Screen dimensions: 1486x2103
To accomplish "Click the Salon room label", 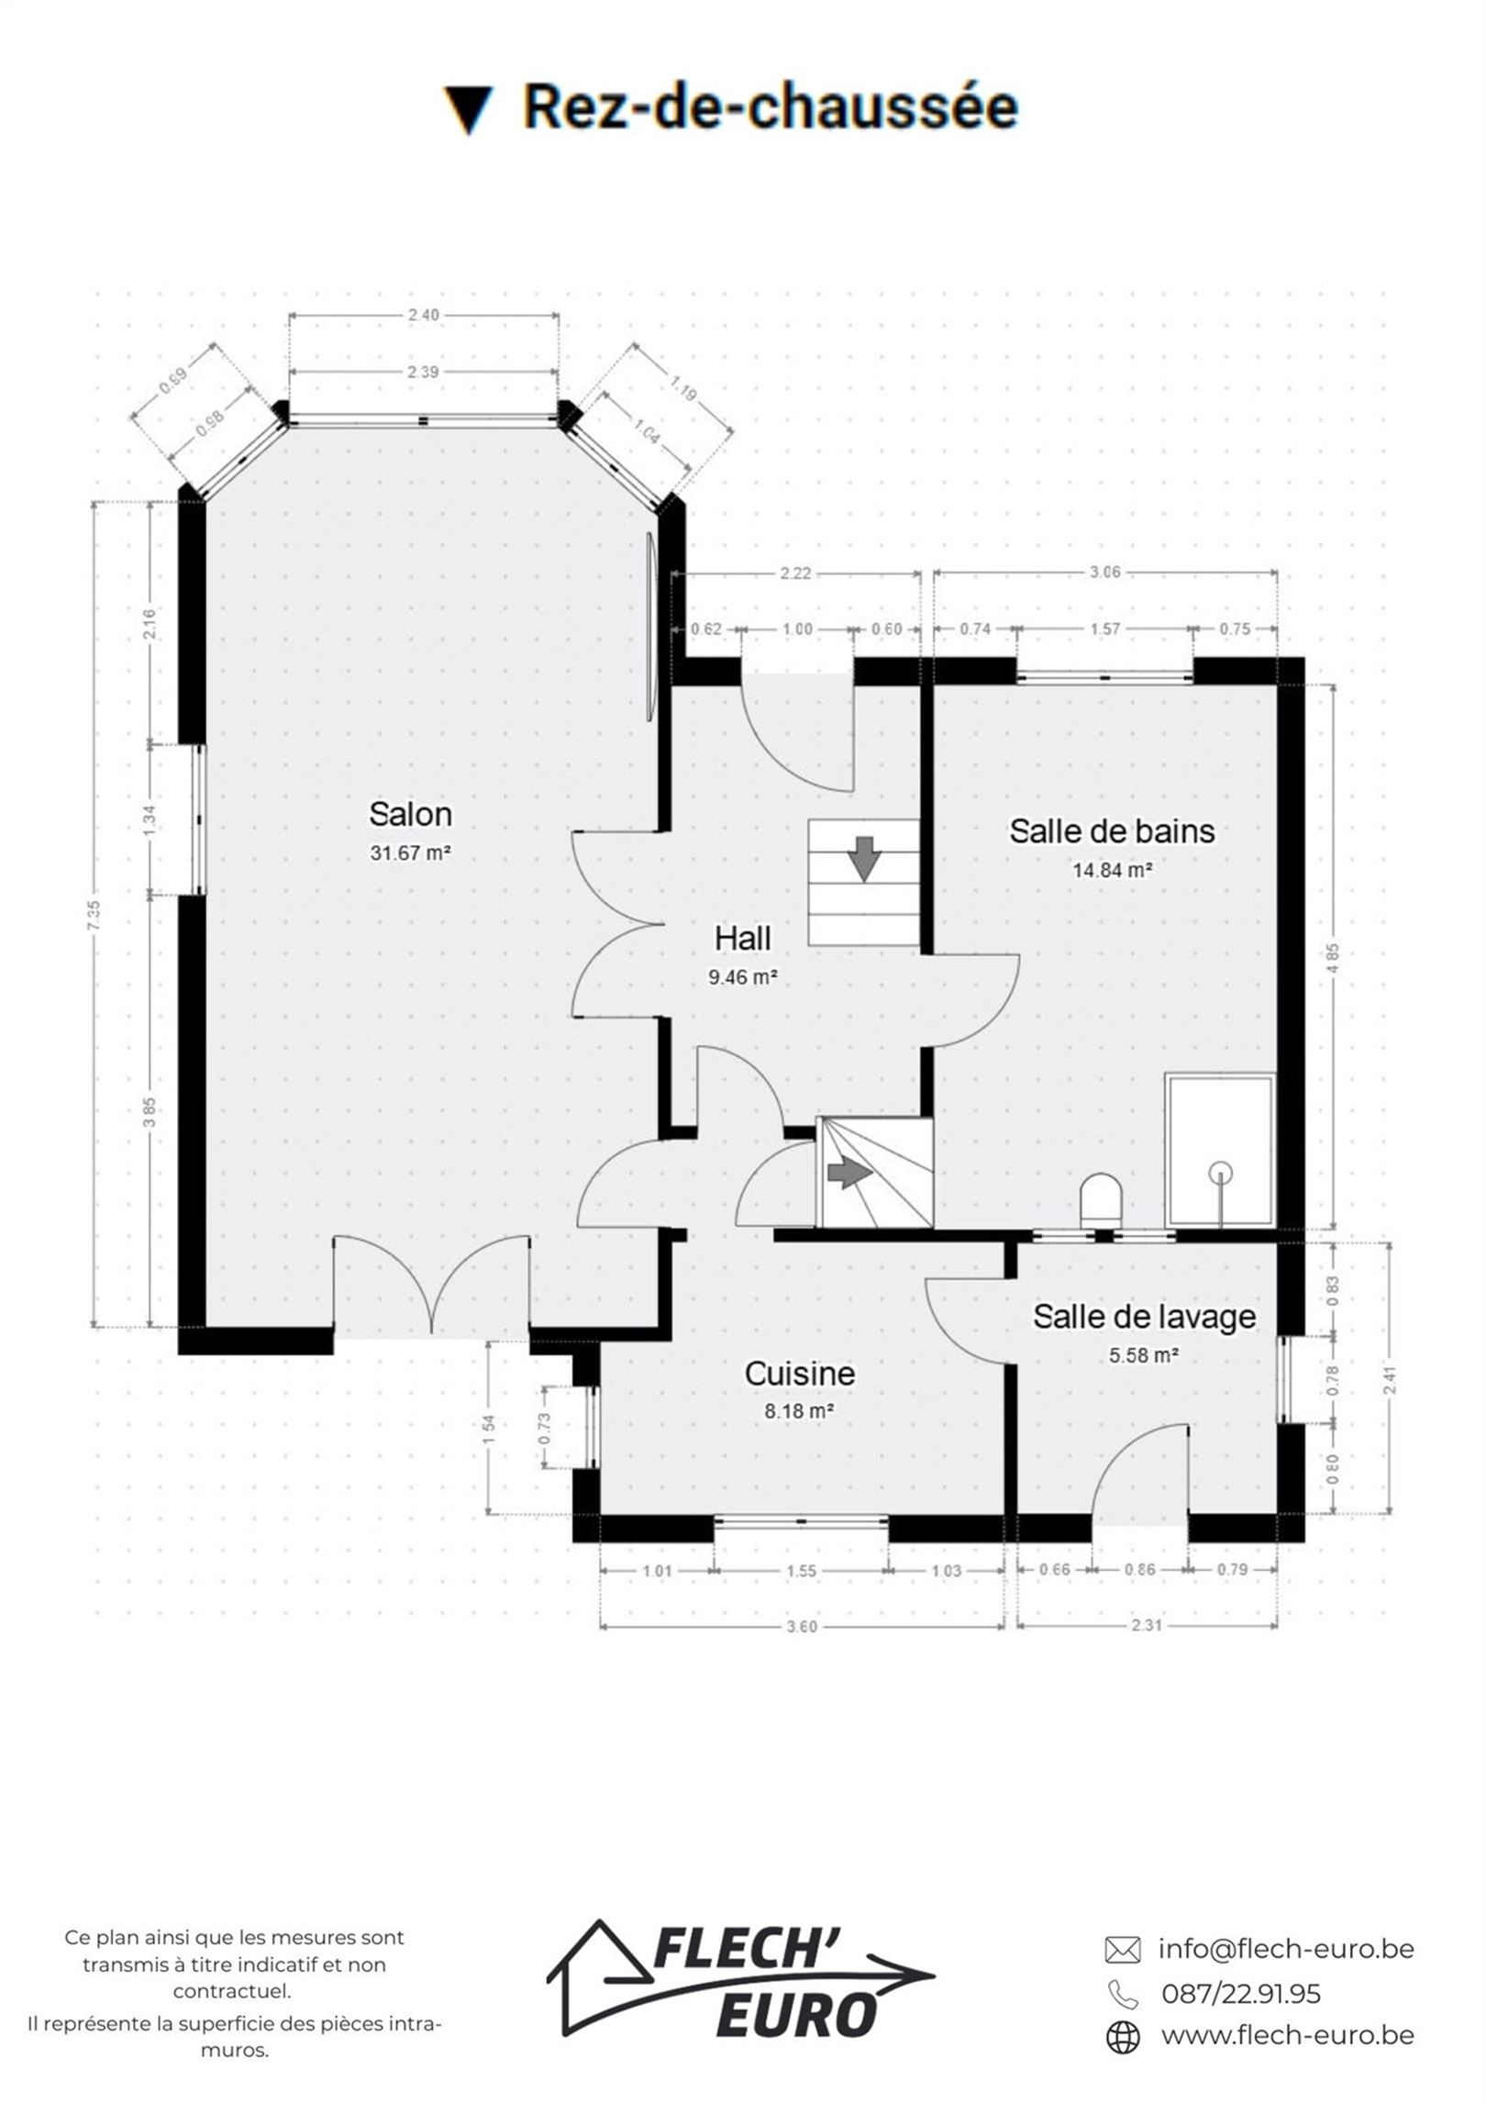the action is (x=410, y=814).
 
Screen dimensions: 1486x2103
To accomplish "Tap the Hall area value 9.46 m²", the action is (x=743, y=977).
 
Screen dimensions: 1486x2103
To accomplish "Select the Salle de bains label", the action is (x=1112, y=830).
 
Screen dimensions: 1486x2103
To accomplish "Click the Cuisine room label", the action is (x=800, y=1373).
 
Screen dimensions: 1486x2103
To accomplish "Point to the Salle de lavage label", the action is (x=1144, y=1317).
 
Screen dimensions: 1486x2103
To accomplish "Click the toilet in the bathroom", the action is (x=1102, y=1200).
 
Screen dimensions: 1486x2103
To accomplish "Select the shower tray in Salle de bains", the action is (x=1220, y=1150).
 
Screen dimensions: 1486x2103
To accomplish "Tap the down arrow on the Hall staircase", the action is (x=864, y=858).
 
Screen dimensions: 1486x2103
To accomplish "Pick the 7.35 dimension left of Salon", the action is (x=95, y=915).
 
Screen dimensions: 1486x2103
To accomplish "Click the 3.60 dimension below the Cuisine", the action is (x=802, y=1626).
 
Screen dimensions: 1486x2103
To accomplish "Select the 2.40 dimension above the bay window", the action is (x=423, y=315).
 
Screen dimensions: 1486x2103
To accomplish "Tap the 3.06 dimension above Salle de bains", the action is (x=1104, y=573).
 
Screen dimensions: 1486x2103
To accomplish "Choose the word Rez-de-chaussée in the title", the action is (x=771, y=106).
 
